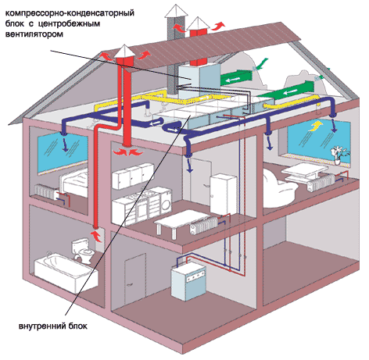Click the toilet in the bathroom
click(x=81, y=252)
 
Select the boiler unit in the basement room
click(x=188, y=283)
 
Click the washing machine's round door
click(x=165, y=205)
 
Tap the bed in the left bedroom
click(x=74, y=184)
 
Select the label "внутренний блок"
click(x=53, y=326)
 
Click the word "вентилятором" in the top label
click(x=34, y=34)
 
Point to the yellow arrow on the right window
click(x=315, y=126)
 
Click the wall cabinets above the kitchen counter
click(x=132, y=176)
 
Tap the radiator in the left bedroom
click(x=45, y=191)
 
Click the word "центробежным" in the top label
click(x=70, y=23)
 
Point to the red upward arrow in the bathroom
click(x=96, y=236)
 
